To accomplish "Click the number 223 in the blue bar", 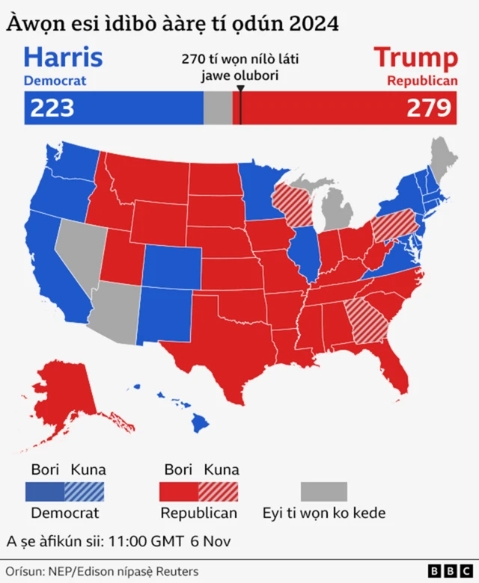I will point(52,108).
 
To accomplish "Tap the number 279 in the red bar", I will point(430,108).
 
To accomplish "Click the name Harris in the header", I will point(63,58).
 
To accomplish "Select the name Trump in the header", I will point(415,58).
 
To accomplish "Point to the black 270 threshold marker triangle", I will point(239,90).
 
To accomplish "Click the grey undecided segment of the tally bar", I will point(218,108).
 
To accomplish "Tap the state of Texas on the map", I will point(225,329).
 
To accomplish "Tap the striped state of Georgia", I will point(368,321).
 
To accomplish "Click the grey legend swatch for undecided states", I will point(324,491).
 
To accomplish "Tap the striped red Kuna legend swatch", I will point(219,491).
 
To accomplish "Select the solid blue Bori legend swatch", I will point(44,491).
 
